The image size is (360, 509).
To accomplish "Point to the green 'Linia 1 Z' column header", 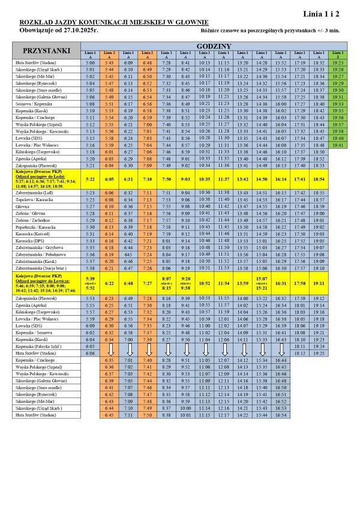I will (338, 55).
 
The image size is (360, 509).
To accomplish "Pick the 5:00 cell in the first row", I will (91, 62).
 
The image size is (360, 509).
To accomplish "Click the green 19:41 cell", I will (338, 145).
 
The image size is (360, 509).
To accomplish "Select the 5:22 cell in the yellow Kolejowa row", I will (91, 179).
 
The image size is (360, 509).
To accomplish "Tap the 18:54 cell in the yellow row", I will (319, 179).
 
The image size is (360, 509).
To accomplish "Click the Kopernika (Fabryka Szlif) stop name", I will (40, 346).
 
